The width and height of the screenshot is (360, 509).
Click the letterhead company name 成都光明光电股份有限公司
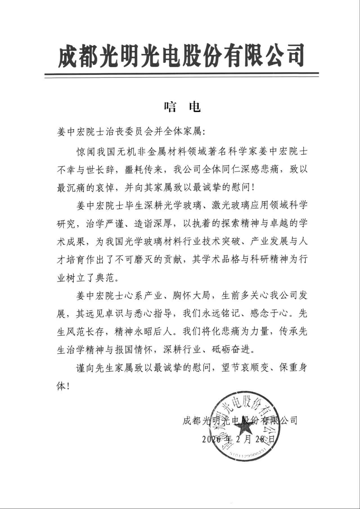pyautogui.click(x=181, y=56)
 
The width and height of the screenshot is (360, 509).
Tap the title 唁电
pyautogui.click(x=183, y=107)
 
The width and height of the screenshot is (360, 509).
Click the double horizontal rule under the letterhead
pyautogui.click(x=181, y=75)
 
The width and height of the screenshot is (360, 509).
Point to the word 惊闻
pyautogui.click(x=86, y=152)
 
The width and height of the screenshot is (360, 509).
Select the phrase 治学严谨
pyautogui.click(x=105, y=224)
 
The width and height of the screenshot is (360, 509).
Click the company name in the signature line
pyautogui.click(x=240, y=421)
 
